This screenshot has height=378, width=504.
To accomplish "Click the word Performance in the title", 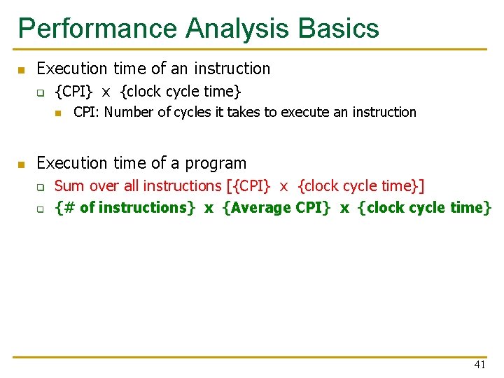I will (98, 29).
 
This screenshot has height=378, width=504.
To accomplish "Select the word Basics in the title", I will (339, 29).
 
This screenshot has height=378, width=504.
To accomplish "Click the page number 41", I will (479, 365).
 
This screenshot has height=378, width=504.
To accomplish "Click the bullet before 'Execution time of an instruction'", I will (22, 70).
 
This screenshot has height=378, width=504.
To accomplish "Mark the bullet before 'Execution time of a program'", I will (22, 164).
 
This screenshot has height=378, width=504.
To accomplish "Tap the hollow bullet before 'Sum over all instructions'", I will (41, 187).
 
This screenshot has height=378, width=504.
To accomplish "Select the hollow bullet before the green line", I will (41, 209).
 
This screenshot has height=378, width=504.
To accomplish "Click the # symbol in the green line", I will (68, 208).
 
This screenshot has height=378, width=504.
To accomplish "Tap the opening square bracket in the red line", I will (228, 186).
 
